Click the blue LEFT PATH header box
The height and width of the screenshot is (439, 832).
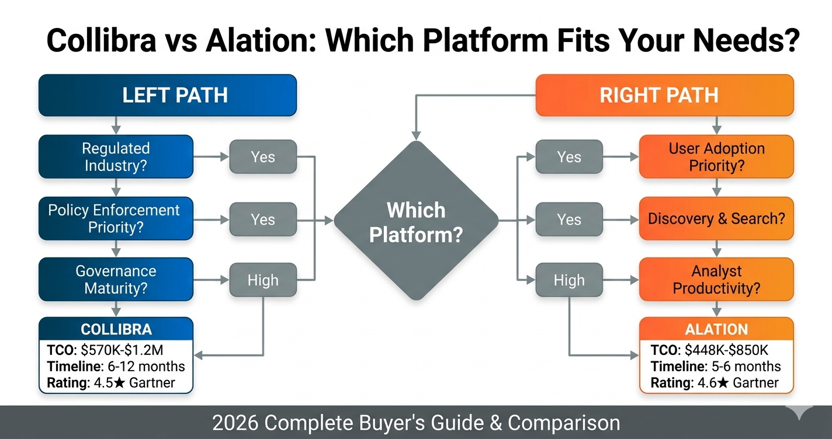tap(168, 95)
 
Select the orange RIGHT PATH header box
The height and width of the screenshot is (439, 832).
tap(664, 95)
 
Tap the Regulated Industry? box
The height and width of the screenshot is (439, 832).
tap(116, 156)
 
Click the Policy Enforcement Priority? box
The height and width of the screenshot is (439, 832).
tap(116, 218)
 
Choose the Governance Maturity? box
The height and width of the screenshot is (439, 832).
tap(116, 280)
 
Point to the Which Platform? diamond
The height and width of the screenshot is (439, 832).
tap(416, 221)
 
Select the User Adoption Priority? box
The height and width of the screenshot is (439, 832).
tap(716, 156)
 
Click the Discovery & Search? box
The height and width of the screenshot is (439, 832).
tap(716, 219)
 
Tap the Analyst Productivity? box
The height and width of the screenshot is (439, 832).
tap(716, 280)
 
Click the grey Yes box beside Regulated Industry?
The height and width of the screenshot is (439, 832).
tap(263, 156)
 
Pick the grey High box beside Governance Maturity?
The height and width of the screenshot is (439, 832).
tap(263, 280)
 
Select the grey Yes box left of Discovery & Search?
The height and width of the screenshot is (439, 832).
tap(569, 219)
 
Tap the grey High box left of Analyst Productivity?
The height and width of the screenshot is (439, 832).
tap(569, 280)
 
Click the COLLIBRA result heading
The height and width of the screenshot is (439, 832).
tap(116, 329)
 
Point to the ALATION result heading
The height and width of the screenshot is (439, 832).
tap(716, 329)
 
